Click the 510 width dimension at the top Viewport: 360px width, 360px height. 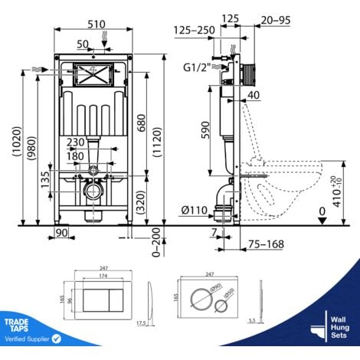click(x=94, y=23)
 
